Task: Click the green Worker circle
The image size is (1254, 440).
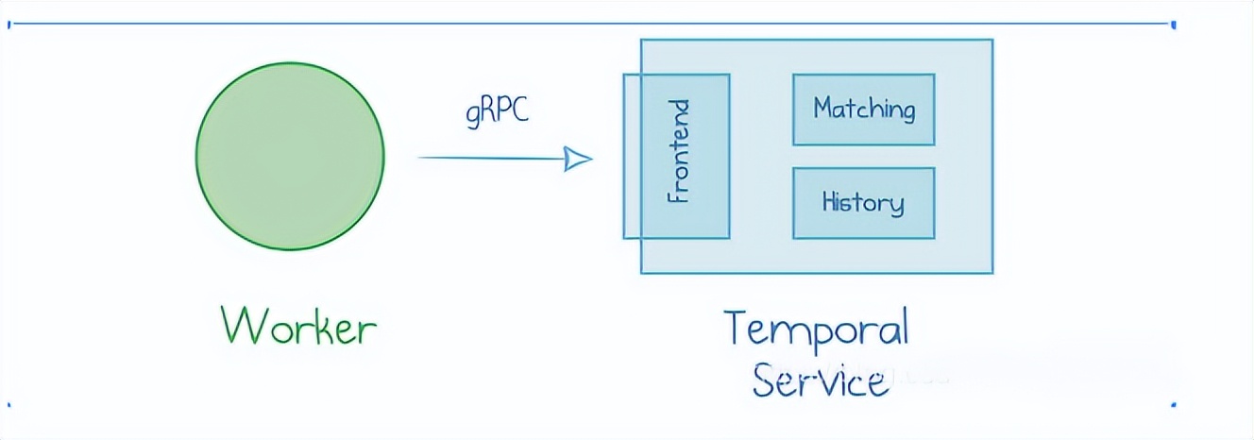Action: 290,156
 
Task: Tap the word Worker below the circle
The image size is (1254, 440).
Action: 299,325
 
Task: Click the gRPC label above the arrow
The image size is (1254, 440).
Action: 497,111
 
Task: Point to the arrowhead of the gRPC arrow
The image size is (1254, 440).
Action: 578,159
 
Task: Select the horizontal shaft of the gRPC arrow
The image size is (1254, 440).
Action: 492,158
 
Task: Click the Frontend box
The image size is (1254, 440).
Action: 676,156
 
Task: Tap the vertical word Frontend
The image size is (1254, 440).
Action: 679,151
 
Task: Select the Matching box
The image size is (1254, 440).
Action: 864,110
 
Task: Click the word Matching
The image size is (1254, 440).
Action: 864,110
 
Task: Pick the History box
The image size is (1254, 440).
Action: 864,203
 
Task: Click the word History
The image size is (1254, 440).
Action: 863,203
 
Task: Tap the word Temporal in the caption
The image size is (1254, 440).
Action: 816,330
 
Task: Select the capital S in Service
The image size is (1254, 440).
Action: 765,379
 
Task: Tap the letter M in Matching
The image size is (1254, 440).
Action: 825,108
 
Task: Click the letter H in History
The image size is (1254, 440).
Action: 831,201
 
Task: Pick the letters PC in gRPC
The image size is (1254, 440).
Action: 513,110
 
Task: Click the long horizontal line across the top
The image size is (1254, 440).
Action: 592,24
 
